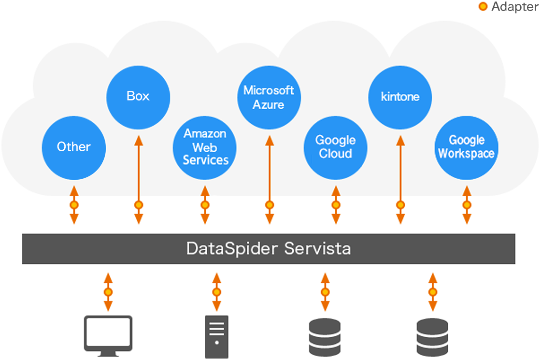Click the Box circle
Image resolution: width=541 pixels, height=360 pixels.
[x=138, y=96]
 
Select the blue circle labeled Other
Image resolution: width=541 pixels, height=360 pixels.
[x=73, y=147]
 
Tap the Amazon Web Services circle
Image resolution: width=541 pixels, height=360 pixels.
[x=205, y=147]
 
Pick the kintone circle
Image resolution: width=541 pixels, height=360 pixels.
[x=400, y=97]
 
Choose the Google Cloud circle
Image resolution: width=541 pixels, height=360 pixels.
[x=336, y=147]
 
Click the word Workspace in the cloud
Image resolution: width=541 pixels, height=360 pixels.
[x=466, y=154]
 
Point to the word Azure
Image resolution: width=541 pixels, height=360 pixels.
[x=269, y=105]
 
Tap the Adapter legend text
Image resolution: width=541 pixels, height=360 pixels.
[x=514, y=7]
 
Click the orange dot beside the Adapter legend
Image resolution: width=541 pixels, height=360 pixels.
[x=483, y=7]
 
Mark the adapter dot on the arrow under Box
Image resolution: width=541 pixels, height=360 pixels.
[x=139, y=205]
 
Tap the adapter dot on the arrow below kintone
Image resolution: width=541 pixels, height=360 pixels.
[x=400, y=205]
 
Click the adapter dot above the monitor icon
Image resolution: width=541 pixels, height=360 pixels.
[x=108, y=292]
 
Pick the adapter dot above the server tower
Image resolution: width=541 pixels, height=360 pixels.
[x=217, y=292]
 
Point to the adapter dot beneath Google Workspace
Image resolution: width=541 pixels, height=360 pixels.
[x=467, y=205]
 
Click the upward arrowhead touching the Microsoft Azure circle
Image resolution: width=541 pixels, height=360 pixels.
[x=269, y=140]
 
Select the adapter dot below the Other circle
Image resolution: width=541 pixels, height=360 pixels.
[x=74, y=205]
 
